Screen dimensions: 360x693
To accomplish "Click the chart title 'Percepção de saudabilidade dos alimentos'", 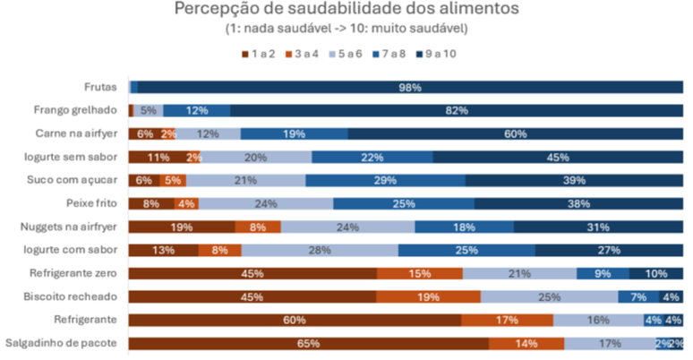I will click(x=346, y=10).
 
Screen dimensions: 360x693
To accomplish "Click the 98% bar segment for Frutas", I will click(x=410, y=87).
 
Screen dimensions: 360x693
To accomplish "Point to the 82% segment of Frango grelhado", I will click(x=457, y=110).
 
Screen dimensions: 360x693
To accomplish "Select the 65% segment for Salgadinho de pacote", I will click(x=308, y=343).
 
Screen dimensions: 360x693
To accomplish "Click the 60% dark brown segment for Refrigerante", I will click(x=295, y=320).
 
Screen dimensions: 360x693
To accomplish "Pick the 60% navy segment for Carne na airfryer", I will click(x=515, y=133).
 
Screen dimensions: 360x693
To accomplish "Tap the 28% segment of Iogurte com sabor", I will click(x=320, y=250).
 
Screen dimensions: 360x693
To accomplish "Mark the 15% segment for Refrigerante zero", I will click(x=419, y=273).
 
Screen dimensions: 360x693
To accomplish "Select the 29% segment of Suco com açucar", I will click(x=386, y=180).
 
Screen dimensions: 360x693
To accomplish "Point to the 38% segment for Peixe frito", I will click(x=577, y=203).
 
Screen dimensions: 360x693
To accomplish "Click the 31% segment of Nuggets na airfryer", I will click(x=597, y=227).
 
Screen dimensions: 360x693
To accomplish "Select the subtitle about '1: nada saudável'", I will click(x=346, y=30).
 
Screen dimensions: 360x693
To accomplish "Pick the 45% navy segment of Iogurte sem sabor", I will click(x=558, y=157).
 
